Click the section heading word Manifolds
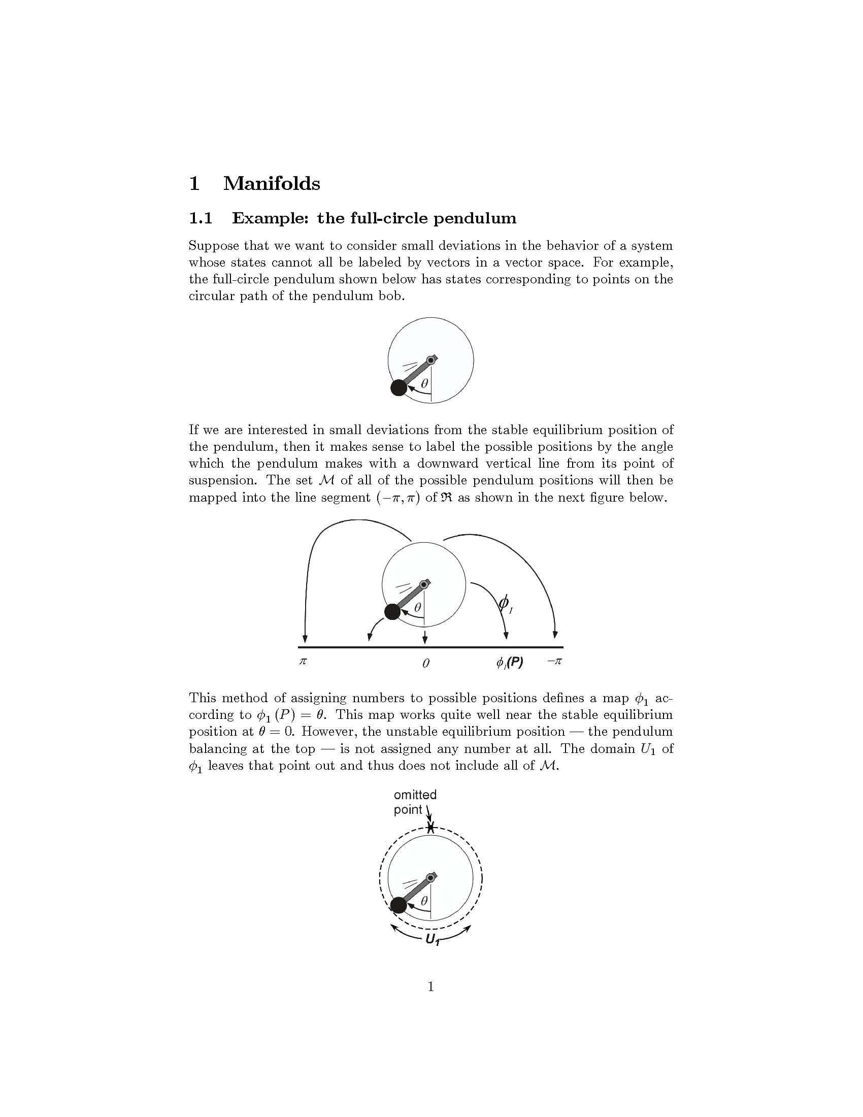pyautogui.click(x=272, y=184)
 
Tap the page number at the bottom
pyautogui.click(x=430, y=987)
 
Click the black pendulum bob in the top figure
pyautogui.click(x=399, y=388)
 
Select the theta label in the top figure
pyautogui.click(x=424, y=383)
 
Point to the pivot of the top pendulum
pyautogui.click(x=431, y=360)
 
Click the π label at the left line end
pyautogui.click(x=303, y=661)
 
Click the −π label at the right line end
pyautogui.click(x=554, y=661)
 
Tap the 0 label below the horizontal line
pyautogui.click(x=425, y=664)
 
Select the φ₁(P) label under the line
pyautogui.click(x=509, y=663)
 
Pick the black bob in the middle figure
pyautogui.click(x=392, y=612)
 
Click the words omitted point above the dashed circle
pyautogui.click(x=415, y=802)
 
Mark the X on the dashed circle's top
pyautogui.click(x=431, y=828)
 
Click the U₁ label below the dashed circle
pyautogui.click(x=433, y=939)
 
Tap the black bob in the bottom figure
pyautogui.click(x=399, y=906)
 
